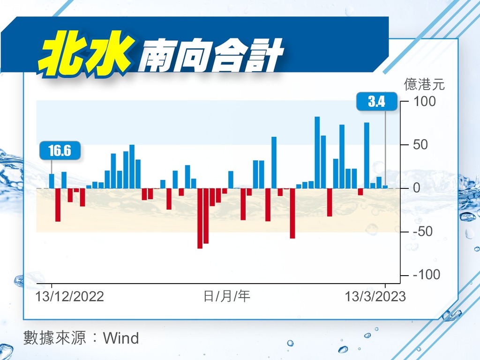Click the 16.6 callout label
[60, 150]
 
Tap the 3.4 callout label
[377, 101]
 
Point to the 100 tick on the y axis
[424, 101]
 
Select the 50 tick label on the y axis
[420, 144]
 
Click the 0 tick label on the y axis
[417, 188]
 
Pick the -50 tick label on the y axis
[423, 232]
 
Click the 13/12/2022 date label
[70, 296]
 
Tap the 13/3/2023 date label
[375, 296]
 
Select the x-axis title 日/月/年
[227, 296]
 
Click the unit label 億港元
[424, 84]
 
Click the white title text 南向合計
[210, 56]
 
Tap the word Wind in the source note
[121, 338]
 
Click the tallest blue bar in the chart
[317, 152]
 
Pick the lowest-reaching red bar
[200, 218]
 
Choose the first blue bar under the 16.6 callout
[52, 181]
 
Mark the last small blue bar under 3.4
[385, 187]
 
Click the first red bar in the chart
[58, 205]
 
